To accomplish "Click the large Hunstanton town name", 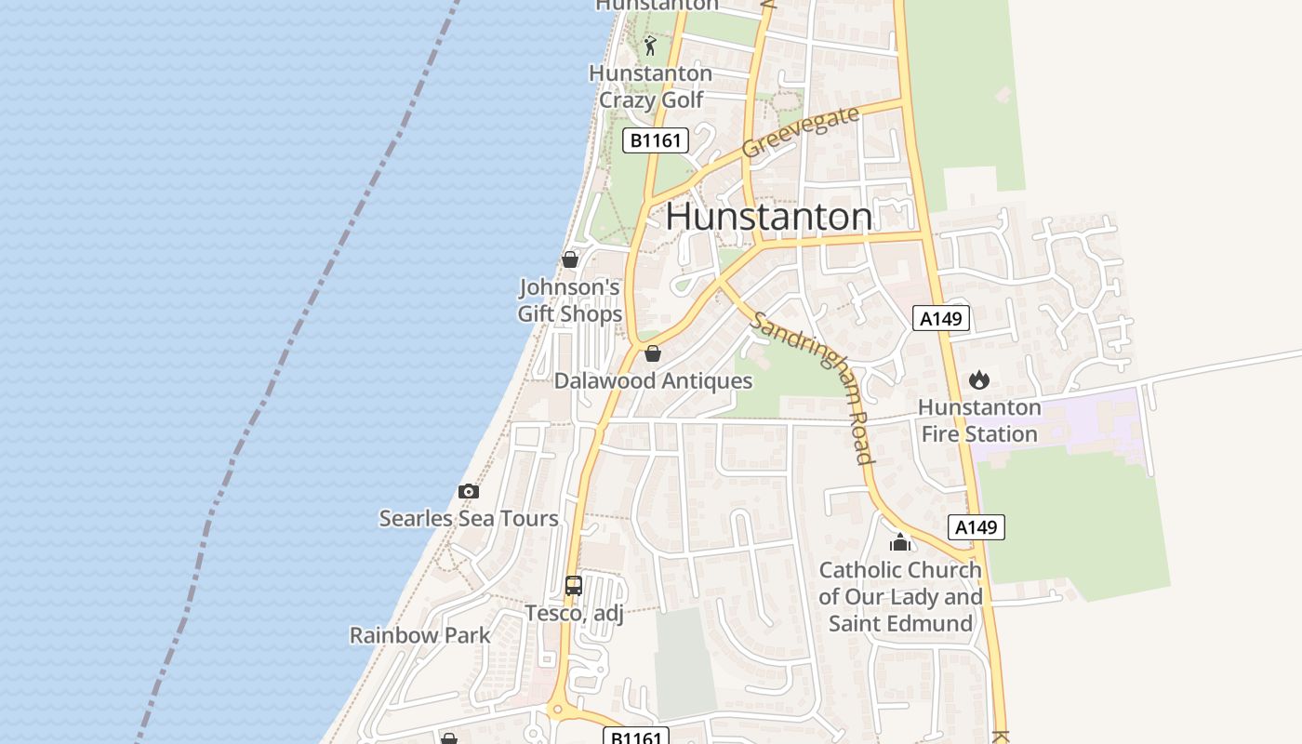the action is click(x=769, y=217).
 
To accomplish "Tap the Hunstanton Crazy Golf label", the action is click(x=651, y=86).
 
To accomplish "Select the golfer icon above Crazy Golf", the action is click(x=650, y=46).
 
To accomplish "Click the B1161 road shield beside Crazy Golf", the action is click(x=655, y=141).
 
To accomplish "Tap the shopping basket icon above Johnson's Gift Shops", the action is click(x=570, y=259).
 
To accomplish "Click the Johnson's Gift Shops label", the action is click(x=570, y=300).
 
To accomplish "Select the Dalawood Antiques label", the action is click(x=653, y=380).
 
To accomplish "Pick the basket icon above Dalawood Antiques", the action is click(x=653, y=353).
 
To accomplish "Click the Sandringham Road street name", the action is click(x=814, y=386).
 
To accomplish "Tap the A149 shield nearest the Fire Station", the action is click(x=940, y=319).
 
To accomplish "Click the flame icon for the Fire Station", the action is click(x=978, y=379).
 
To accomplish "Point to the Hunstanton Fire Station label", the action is click(x=978, y=420).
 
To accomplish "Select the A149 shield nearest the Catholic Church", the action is click(x=976, y=527).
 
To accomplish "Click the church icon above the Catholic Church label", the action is click(x=899, y=541).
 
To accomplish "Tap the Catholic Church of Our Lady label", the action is click(x=900, y=596).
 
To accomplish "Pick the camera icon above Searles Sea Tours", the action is click(x=469, y=491).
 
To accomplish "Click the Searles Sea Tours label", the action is click(x=469, y=518).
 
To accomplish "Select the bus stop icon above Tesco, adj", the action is click(x=574, y=586).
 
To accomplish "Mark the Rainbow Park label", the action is click(x=419, y=635).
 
